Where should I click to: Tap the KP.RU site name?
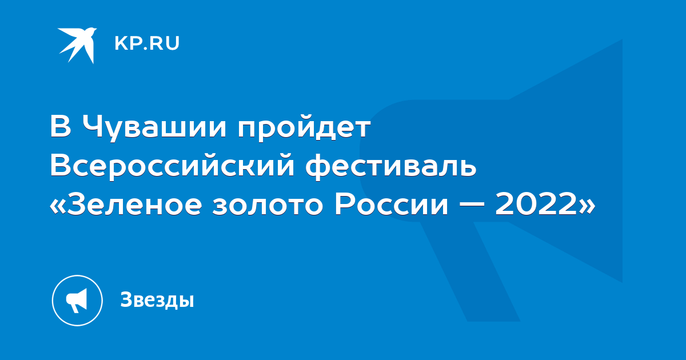click(147, 43)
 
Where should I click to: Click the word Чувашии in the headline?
click(155, 128)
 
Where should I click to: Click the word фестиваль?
click(391, 167)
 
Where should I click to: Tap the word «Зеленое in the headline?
click(126, 204)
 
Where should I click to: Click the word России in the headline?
click(392, 204)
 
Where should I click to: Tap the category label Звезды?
click(157, 299)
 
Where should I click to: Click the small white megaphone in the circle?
click(76, 301)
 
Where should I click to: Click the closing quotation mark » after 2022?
click(587, 206)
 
